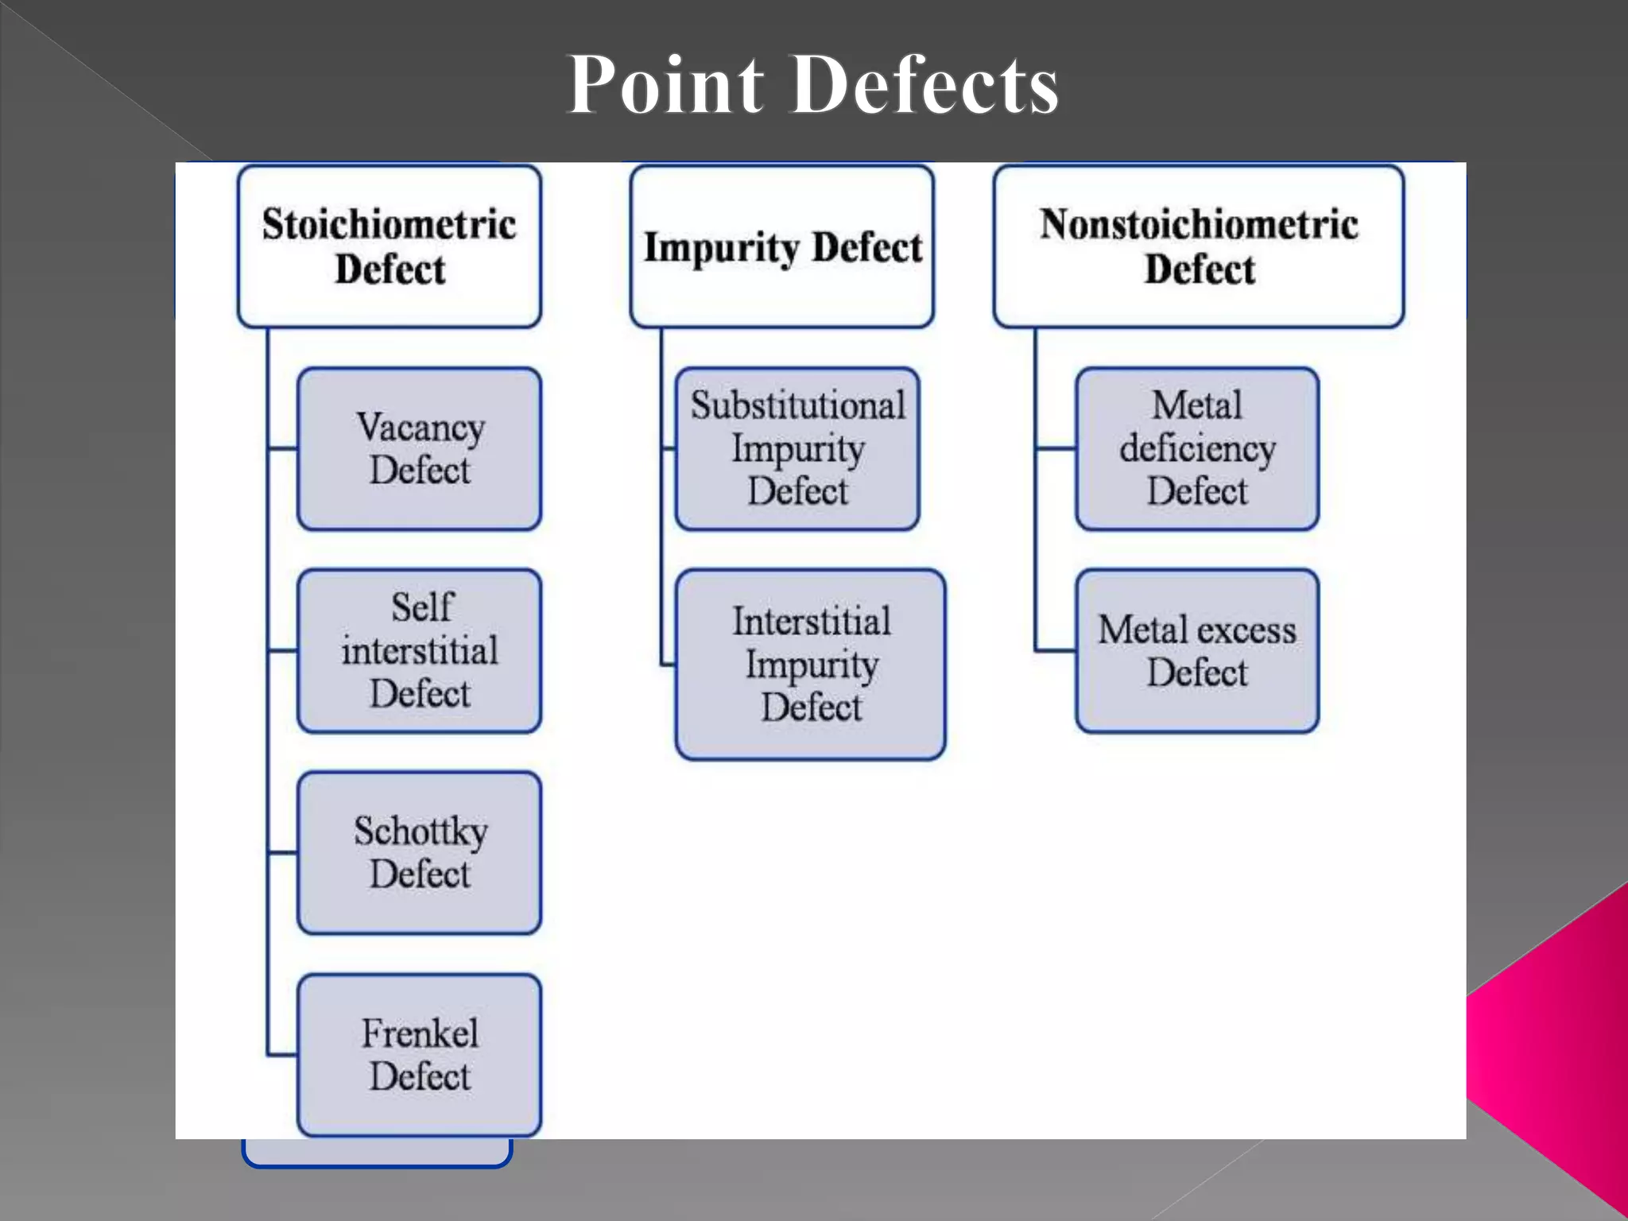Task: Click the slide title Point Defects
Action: point(812,84)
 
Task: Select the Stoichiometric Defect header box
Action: point(390,246)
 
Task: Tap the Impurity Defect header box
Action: point(782,246)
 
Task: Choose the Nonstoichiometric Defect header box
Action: point(1199,246)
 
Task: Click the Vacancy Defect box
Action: point(420,449)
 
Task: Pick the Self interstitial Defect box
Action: point(420,651)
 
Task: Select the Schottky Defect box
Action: point(420,853)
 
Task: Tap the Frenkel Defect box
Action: point(420,1055)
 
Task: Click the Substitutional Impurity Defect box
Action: point(797,449)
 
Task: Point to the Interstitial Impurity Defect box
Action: point(811,665)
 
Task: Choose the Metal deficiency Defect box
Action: point(1197,449)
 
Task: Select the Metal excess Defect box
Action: point(1197,651)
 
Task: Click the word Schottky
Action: point(421,831)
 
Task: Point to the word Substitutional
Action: point(797,405)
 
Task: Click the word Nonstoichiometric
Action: point(1199,224)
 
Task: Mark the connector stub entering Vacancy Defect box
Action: point(283,449)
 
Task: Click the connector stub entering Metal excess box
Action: point(1056,651)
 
